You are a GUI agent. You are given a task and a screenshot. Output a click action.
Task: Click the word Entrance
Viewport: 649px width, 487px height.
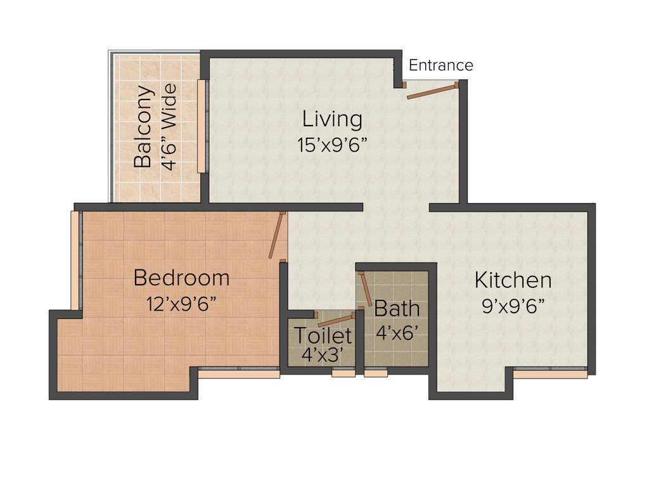pos(440,65)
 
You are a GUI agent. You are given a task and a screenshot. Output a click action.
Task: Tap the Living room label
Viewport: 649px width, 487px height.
pos(332,119)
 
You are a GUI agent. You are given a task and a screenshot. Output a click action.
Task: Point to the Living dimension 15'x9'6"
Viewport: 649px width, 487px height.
pos(332,145)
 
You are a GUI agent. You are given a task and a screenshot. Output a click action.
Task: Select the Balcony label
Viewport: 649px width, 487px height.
pos(144,126)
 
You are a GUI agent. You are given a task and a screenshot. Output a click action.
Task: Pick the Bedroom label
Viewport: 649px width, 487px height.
pos(181,278)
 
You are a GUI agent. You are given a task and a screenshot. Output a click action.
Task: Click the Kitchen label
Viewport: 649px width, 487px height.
pos(513,280)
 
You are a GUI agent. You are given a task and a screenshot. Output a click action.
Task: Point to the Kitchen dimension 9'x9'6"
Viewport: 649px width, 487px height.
pos(513,306)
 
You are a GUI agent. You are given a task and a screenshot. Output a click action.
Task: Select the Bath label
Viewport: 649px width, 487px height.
pos(397,309)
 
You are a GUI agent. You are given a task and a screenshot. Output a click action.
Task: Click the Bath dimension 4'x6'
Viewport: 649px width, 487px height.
pos(397,332)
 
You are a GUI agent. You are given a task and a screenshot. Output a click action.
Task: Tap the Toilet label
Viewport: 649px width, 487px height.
pos(323,335)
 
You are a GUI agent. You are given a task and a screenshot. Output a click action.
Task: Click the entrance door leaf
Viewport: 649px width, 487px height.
pos(432,91)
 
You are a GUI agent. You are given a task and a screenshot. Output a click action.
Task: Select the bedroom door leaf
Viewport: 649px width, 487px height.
pos(276,235)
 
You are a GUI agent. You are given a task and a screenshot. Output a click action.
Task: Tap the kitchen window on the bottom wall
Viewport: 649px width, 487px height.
pos(550,373)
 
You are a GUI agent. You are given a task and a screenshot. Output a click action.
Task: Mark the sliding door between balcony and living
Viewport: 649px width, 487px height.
pos(202,126)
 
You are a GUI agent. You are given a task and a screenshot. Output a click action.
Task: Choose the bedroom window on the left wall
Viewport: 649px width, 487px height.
pos(75,260)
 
